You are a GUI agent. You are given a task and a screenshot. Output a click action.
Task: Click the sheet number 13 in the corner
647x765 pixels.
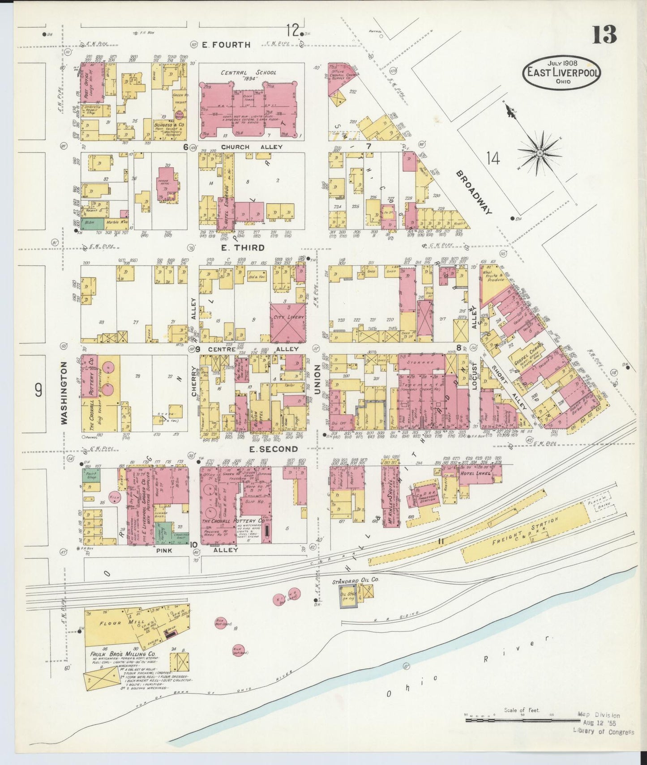[x=604, y=35]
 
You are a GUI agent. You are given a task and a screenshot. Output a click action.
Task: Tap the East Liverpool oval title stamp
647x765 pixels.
[x=561, y=72]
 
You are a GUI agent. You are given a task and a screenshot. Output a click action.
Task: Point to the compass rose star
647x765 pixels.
[x=540, y=153]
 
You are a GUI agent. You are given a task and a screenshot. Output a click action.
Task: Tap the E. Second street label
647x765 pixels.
[x=273, y=449]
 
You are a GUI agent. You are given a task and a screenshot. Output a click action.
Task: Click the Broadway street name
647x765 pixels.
[x=474, y=192]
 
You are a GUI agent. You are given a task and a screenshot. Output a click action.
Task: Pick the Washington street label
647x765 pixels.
[x=64, y=392]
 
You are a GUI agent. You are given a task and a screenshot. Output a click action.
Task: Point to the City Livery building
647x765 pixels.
[x=288, y=317]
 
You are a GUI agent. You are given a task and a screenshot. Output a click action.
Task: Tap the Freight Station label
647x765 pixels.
[x=531, y=531]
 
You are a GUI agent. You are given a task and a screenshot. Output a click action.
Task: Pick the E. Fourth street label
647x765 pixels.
[x=226, y=44]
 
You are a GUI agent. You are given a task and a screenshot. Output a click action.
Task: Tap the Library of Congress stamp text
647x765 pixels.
[x=603, y=732]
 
